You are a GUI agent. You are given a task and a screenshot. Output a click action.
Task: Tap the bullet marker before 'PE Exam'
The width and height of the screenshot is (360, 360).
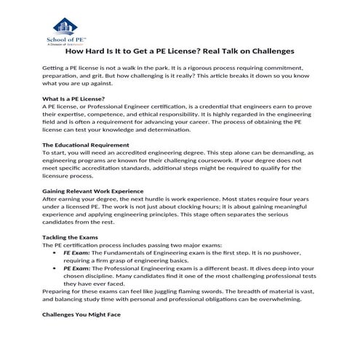57,269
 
